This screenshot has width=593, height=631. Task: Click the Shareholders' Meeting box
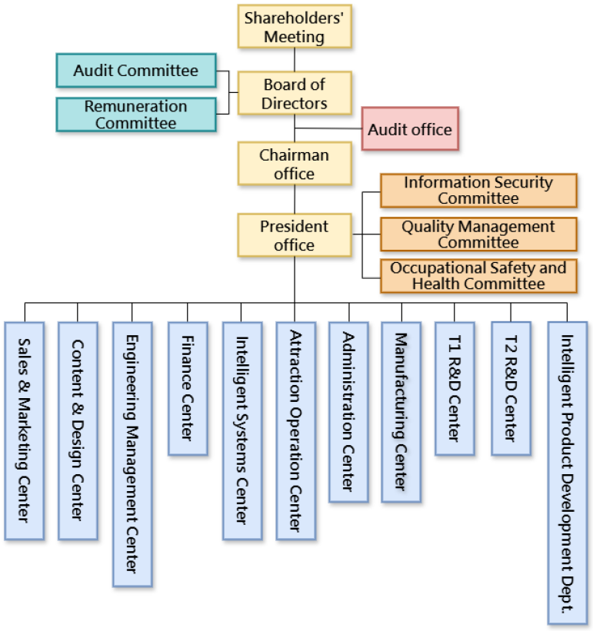(x=295, y=27)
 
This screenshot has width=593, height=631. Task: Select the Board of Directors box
(x=295, y=93)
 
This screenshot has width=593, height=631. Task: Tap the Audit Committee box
(x=136, y=71)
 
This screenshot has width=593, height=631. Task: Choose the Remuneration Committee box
(x=136, y=115)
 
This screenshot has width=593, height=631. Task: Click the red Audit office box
(x=410, y=129)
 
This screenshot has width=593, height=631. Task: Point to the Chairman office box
(x=295, y=164)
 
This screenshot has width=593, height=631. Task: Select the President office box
(x=295, y=235)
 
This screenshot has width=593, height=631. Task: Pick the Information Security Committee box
(x=478, y=191)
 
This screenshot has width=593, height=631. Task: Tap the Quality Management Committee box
(x=478, y=234)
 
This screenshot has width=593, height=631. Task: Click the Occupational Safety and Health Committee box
(x=478, y=276)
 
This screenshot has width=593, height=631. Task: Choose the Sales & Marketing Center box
(x=24, y=430)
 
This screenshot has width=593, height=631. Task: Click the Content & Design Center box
(x=78, y=430)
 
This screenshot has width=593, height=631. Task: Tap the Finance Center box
(x=188, y=388)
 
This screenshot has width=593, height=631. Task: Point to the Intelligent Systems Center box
(x=242, y=430)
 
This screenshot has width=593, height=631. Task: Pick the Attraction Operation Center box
(x=296, y=430)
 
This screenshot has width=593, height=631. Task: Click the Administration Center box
(x=348, y=412)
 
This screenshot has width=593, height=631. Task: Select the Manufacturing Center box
(x=401, y=412)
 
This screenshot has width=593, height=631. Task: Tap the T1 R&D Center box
(x=454, y=388)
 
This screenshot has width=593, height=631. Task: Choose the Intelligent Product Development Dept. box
(x=567, y=472)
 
